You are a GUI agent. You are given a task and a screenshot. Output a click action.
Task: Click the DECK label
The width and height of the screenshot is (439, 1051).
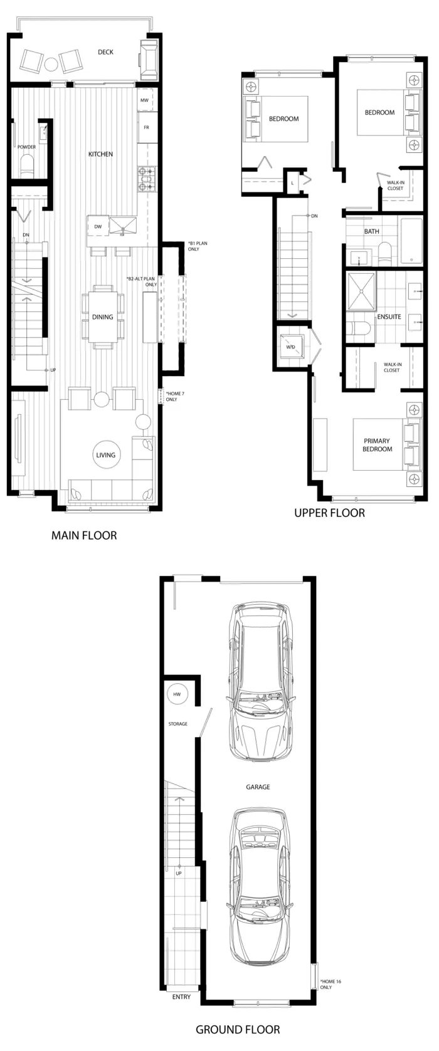tap(105, 52)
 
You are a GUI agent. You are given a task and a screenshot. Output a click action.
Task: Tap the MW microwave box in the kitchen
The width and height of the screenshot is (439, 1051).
tap(145, 100)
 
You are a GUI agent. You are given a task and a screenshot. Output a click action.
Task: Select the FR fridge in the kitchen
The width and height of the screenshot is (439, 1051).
tap(146, 127)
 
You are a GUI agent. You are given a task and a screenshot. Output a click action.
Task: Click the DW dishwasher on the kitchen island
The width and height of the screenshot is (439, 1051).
tap(98, 227)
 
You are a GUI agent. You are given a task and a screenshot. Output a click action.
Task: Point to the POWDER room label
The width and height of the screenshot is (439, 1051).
tap(27, 147)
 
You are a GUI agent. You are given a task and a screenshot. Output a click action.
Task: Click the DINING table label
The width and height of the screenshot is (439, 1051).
tap(102, 317)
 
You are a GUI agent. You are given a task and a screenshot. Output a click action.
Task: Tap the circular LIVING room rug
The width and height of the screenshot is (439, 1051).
tap(105, 454)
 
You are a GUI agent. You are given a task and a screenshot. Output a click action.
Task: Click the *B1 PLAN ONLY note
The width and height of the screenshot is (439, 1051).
tap(197, 246)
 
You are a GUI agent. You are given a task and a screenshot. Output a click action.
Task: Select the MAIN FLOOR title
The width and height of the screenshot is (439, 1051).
tap(84, 535)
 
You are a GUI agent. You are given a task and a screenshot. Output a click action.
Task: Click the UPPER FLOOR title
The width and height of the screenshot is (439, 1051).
tap(330, 513)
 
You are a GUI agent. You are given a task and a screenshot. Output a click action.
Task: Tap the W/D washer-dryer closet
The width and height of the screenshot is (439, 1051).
tap(291, 347)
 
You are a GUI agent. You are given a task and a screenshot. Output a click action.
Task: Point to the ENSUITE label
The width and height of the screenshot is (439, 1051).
tap(389, 316)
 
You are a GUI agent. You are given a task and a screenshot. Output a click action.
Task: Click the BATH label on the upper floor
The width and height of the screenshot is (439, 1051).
tap(371, 231)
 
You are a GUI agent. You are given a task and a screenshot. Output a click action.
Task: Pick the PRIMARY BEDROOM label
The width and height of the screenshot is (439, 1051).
tap(378, 445)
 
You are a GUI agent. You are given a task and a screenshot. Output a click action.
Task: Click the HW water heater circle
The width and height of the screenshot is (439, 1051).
tap(177, 694)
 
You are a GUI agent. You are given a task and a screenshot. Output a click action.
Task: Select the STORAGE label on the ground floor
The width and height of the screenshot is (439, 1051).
tap(178, 724)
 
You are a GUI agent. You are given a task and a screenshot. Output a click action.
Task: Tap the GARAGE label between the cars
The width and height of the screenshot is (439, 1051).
tap(258, 787)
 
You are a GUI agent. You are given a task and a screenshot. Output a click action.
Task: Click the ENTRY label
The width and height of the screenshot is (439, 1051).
tap(181, 996)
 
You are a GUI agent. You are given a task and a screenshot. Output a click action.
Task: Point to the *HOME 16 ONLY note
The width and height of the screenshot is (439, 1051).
tap(331, 984)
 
